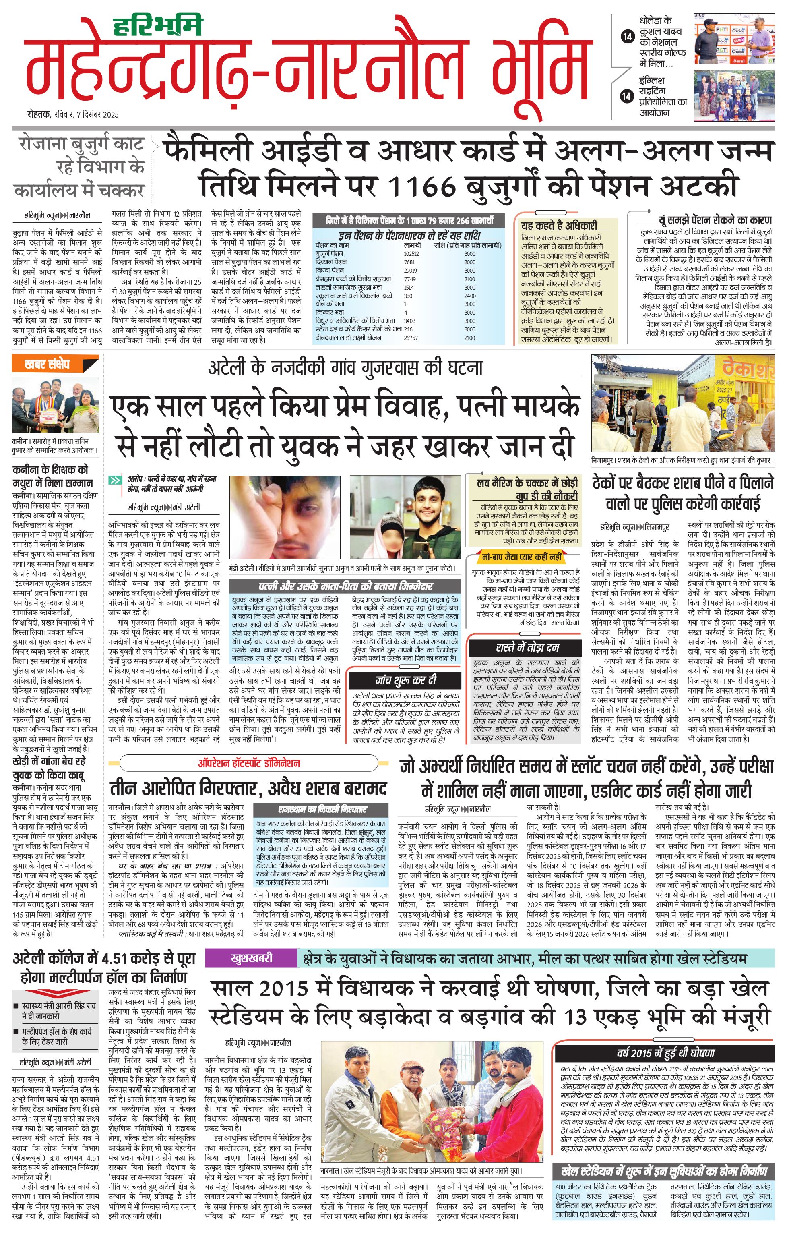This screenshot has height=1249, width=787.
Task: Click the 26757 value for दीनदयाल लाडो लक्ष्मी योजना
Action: pyautogui.click(x=411, y=338)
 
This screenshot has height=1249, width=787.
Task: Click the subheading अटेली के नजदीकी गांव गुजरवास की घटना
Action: pyautogui.click(x=345, y=368)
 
